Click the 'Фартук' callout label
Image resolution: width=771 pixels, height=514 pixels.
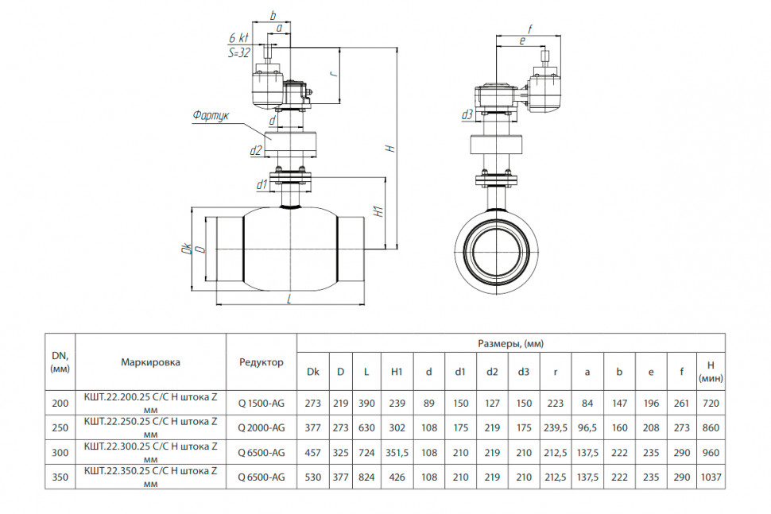click(x=211, y=116)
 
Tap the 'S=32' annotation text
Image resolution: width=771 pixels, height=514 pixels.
click(x=239, y=53)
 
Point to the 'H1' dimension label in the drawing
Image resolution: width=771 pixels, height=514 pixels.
click(x=378, y=211)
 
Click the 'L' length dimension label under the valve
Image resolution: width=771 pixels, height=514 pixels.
click(x=289, y=299)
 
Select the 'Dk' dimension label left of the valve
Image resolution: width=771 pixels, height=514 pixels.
click(x=186, y=249)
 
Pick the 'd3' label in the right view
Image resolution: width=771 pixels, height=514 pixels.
click(x=467, y=114)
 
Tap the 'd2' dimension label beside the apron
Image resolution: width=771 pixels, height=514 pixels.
click(x=256, y=150)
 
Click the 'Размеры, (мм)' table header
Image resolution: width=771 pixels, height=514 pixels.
click(x=511, y=343)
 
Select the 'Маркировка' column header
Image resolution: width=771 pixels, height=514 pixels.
click(x=150, y=362)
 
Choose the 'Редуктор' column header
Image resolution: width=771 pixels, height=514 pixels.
click(x=261, y=362)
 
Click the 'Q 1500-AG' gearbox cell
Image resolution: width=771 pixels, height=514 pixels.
click(x=261, y=404)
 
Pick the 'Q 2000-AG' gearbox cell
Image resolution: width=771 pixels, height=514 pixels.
click(x=261, y=428)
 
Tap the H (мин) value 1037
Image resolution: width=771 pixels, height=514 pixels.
click(x=711, y=477)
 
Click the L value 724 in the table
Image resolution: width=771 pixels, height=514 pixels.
click(x=366, y=453)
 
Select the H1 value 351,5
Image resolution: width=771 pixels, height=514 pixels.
click(x=397, y=453)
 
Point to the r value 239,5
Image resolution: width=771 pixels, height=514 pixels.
click(x=556, y=428)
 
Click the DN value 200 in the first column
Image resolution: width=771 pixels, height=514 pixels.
click(x=60, y=404)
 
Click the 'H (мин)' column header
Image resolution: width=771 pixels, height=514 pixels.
click(x=711, y=372)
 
